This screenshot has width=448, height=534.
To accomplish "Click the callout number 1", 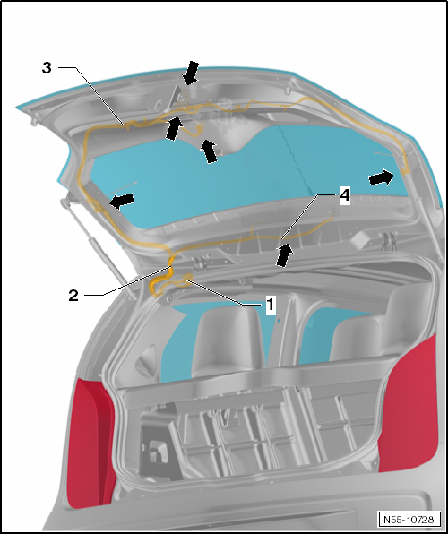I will point(268,305).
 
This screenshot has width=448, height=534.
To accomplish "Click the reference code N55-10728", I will point(409,520).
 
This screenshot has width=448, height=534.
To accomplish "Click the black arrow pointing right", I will point(381,179).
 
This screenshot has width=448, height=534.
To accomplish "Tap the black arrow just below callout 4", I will point(284,255).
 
